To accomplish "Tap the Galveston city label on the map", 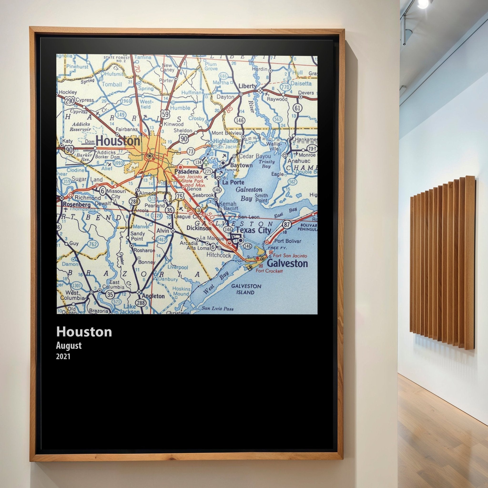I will (287, 264).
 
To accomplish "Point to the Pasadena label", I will (187, 172).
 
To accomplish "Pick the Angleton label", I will (153, 296).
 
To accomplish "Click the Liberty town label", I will (248, 86).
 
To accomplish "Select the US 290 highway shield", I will (70, 101).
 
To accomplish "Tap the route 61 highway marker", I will (298, 108).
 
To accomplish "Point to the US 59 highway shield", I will (165, 114).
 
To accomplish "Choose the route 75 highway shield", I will (179, 196).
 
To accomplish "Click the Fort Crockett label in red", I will (269, 271).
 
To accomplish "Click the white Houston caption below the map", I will (84, 332).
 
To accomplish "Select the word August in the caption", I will (69, 346).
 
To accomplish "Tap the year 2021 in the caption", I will (63, 356).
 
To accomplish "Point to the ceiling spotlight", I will (423, 4).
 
